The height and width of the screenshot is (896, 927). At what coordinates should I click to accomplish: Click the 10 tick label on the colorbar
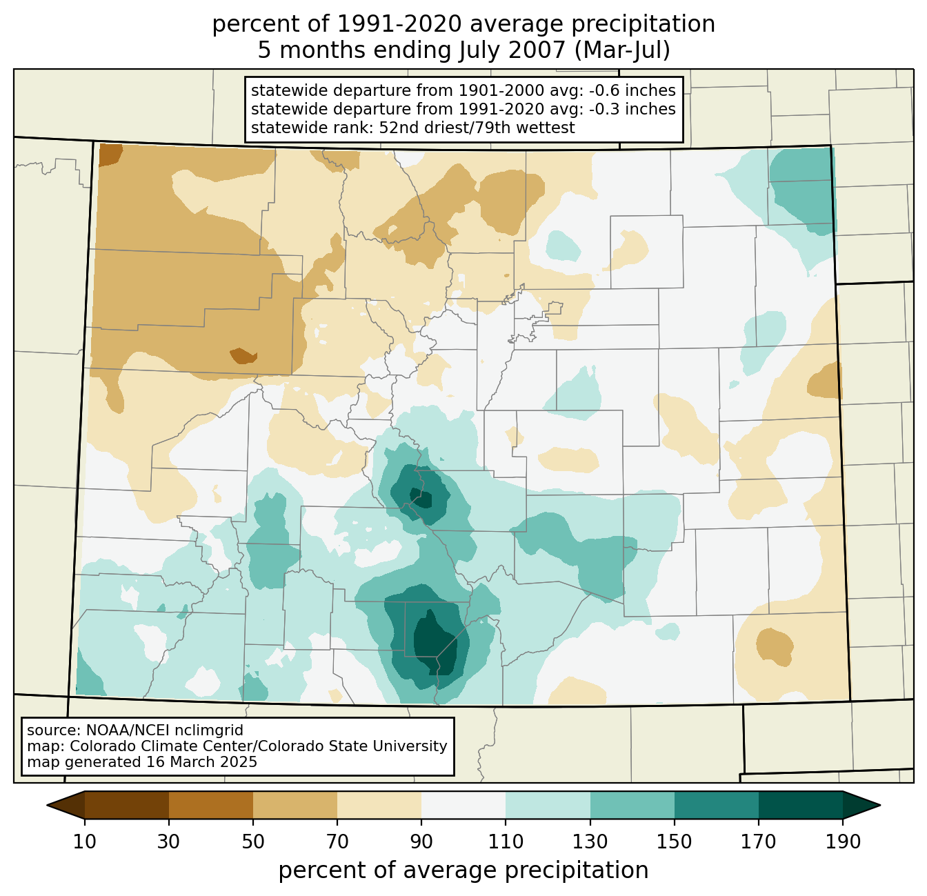85,842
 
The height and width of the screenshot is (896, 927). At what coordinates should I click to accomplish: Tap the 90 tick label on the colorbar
421,842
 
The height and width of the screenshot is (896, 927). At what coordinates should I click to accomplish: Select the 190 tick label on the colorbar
843,842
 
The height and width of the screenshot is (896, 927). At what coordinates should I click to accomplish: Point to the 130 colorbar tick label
590,842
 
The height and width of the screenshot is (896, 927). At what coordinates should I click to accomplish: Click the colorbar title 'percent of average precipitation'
464,870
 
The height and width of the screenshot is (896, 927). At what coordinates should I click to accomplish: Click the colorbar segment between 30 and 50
210,806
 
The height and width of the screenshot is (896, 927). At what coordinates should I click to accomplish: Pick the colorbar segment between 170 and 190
800,806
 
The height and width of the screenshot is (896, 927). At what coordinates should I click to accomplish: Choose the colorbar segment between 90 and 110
464,806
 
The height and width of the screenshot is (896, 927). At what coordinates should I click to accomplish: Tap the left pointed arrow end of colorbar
66,806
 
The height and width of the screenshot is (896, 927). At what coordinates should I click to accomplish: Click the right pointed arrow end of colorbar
861,806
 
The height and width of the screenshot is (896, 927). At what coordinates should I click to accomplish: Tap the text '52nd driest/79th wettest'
477,128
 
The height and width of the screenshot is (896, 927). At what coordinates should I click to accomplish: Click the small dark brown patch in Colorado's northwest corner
110,155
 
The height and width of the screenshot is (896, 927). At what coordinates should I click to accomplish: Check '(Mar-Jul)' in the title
622,50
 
